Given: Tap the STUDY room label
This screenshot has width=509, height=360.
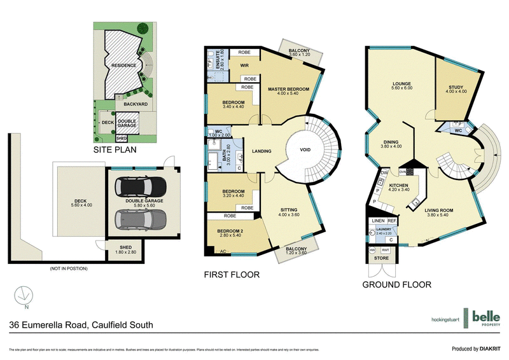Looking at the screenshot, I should pyautogui.click(x=456, y=88).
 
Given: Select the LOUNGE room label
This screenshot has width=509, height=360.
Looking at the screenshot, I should pyautogui.click(x=401, y=84).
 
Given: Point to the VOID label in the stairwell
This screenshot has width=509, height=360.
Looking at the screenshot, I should pyautogui.click(x=307, y=151).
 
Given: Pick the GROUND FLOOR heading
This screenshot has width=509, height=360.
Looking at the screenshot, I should pyautogui.click(x=397, y=285).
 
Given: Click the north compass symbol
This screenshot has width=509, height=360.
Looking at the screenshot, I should pyautogui.click(x=23, y=296).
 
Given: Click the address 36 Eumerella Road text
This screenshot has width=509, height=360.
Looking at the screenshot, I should pyautogui.click(x=81, y=325).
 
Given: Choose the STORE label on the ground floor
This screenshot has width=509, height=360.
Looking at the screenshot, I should pyautogui.click(x=380, y=258).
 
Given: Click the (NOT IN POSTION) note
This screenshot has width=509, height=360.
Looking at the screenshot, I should pyautogui.click(x=68, y=268).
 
